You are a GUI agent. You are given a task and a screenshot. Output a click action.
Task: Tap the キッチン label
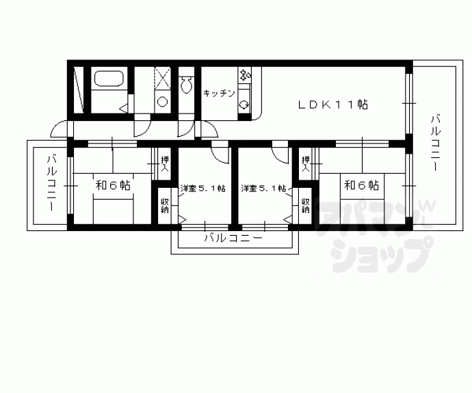tap(219, 94)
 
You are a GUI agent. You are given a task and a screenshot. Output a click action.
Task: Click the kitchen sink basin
tap(245, 105)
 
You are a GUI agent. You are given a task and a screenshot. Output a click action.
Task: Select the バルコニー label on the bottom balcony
tap(233, 239)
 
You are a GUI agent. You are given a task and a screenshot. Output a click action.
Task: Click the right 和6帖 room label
tap(361, 185)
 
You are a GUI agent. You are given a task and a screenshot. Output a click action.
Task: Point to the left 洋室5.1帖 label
tap(202, 189)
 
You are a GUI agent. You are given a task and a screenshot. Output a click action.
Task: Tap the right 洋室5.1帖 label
tap(263, 189)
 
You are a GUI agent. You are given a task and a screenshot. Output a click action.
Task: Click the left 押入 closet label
tap(164, 164)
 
